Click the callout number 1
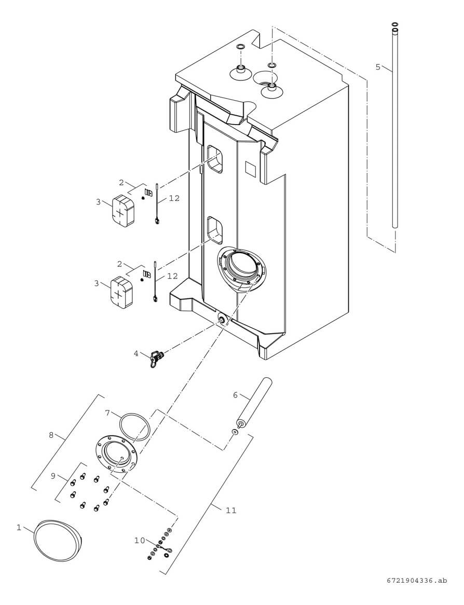(19, 527)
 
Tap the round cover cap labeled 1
(57, 540)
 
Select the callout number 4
(136, 353)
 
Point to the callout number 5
(378, 66)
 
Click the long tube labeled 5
(394, 130)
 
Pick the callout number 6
(235, 395)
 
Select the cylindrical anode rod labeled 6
(255, 402)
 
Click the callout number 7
(107, 412)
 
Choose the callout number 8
(51, 435)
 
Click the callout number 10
(140, 540)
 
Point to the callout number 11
(231, 511)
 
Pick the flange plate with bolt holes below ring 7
(116, 453)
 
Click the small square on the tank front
(250, 169)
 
